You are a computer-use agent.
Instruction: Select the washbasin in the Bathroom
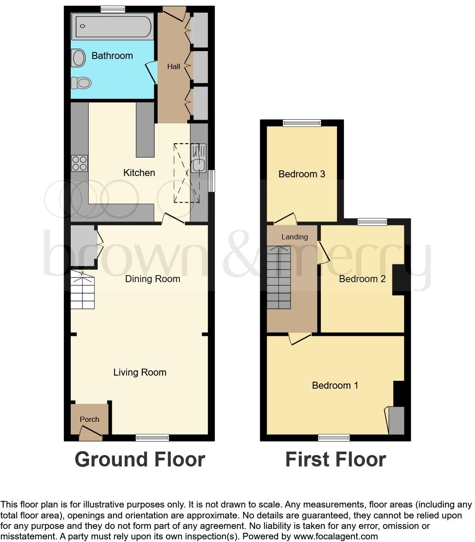79,58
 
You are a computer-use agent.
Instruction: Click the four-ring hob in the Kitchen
79,163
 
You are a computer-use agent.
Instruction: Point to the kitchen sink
199,165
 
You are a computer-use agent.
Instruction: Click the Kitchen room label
139,173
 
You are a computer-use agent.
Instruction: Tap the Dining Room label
152,279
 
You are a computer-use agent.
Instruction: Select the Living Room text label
140,372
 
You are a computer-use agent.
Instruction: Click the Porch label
89,419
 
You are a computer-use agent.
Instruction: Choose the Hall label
174,66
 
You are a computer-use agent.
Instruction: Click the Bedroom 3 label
302,174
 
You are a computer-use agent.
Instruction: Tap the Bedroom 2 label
362,279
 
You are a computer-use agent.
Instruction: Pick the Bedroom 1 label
335,385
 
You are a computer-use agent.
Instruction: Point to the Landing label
294,237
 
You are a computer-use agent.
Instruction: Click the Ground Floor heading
140,459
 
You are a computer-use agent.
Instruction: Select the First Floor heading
335,459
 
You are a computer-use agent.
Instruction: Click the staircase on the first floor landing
279,277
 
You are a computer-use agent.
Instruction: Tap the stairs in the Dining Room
83,290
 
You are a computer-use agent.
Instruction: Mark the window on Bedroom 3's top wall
302,123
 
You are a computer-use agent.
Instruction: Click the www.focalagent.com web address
336,536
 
